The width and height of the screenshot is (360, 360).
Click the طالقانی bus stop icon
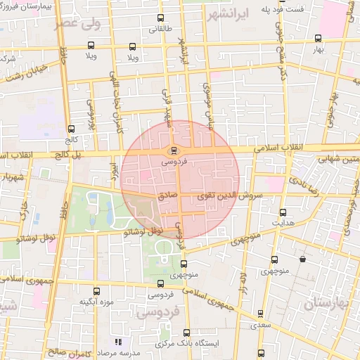point(160,18)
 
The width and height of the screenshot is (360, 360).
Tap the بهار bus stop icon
point(319,39)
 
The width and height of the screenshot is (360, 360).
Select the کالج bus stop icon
point(71,129)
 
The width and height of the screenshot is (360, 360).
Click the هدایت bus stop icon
point(283,212)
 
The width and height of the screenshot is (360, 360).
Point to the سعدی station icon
point(261,314)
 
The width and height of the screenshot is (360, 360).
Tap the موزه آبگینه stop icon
point(96,290)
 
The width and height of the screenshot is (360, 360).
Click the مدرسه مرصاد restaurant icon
point(117,342)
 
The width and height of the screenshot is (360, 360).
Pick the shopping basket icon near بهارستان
point(302,259)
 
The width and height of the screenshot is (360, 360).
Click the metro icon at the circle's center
point(174,150)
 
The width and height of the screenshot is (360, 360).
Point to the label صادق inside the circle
point(167,198)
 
